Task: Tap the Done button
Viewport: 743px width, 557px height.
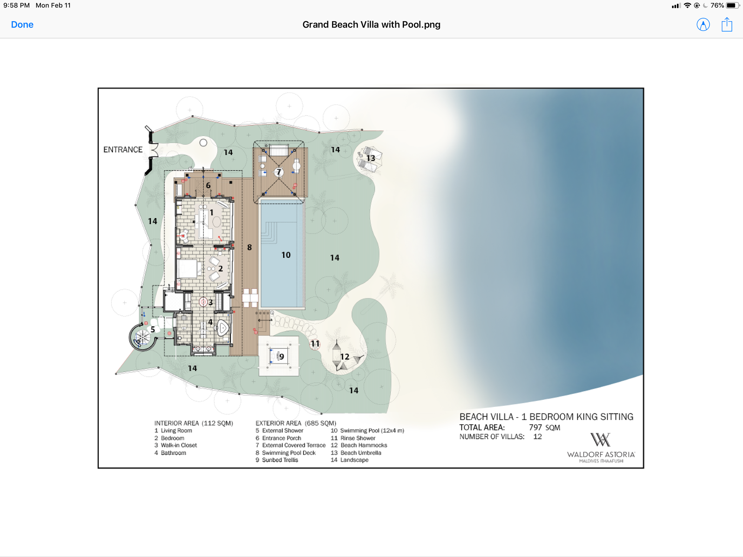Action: pyautogui.click(x=22, y=25)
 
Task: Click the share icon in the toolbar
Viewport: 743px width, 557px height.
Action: pyautogui.click(x=727, y=25)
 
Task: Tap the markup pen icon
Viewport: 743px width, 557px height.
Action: pyautogui.click(x=703, y=25)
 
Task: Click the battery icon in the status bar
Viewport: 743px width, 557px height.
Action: pyautogui.click(x=732, y=5)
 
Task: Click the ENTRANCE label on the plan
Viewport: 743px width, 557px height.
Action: pyautogui.click(x=123, y=150)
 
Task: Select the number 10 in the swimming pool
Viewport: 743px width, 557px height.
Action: pyautogui.click(x=286, y=255)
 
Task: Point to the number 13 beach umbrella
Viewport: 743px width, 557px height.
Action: pyautogui.click(x=370, y=158)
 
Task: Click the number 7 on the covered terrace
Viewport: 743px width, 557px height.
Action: pyautogui.click(x=279, y=172)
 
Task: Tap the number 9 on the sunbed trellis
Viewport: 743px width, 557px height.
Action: pyautogui.click(x=282, y=357)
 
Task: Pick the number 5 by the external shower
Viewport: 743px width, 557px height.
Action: pyautogui.click(x=153, y=330)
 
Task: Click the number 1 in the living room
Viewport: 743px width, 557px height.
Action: pyautogui.click(x=211, y=213)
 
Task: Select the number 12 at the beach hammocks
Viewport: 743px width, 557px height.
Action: pyautogui.click(x=344, y=357)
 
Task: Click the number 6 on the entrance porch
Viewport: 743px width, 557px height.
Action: pyautogui.click(x=208, y=185)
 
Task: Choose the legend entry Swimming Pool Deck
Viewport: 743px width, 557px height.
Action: pyautogui.click(x=285, y=453)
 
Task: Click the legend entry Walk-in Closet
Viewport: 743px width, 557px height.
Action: pyautogui.click(x=176, y=445)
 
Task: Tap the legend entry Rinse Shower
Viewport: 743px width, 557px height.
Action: pyautogui.click(x=353, y=438)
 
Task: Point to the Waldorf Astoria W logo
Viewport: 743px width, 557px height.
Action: pyautogui.click(x=600, y=440)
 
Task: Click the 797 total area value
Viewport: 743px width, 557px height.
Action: pyautogui.click(x=535, y=428)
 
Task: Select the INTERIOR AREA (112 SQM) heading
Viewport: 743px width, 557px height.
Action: pyautogui.click(x=194, y=423)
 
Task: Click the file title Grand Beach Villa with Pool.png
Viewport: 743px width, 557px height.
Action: pyautogui.click(x=371, y=25)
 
